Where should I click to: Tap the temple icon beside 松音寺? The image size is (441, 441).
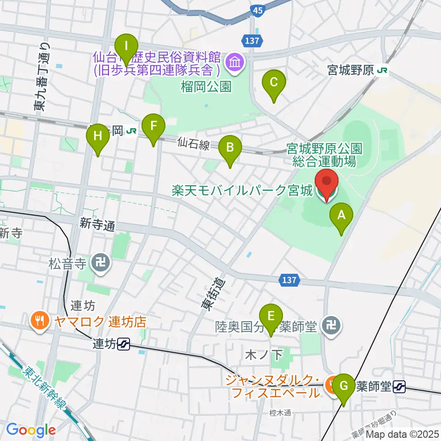pos(99,263)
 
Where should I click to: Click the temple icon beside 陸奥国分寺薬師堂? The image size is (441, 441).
pos(331,327)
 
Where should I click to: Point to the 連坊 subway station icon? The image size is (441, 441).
pos(123,343)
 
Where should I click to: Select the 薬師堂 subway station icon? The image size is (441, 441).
pos(399,387)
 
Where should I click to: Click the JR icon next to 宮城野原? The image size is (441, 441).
pos(382,70)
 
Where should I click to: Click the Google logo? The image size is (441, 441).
pos(31,430)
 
